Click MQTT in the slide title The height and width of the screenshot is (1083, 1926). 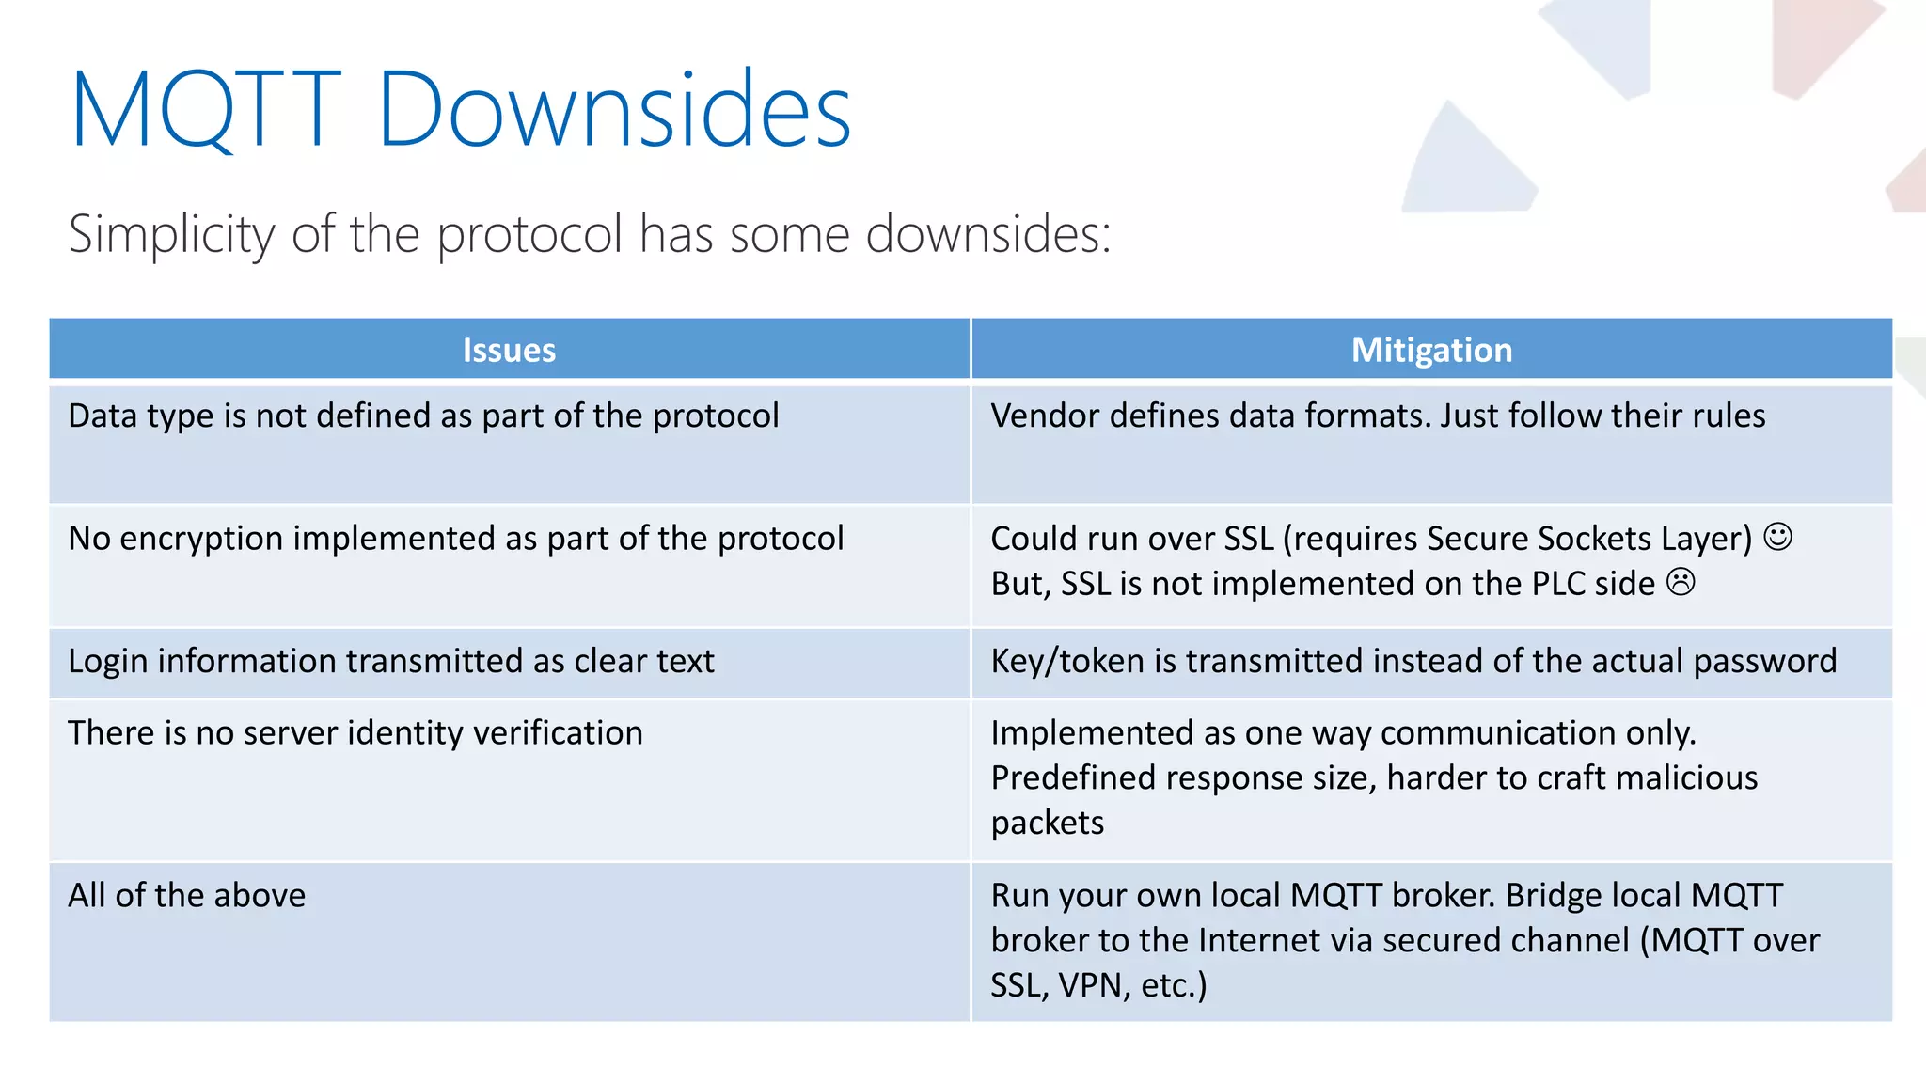click(205, 110)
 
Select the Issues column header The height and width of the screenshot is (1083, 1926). click(509, 350)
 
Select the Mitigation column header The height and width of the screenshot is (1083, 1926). click(1431, 350)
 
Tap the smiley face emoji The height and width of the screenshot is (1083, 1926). click(1777, 537)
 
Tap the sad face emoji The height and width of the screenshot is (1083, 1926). click(1681, 582)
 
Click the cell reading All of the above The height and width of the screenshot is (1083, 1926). click(186, 895)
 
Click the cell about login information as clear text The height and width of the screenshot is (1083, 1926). click(390, 661)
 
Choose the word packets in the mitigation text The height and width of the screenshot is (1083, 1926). click(1047, 823)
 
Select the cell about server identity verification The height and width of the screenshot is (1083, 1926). click(355, 732)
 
